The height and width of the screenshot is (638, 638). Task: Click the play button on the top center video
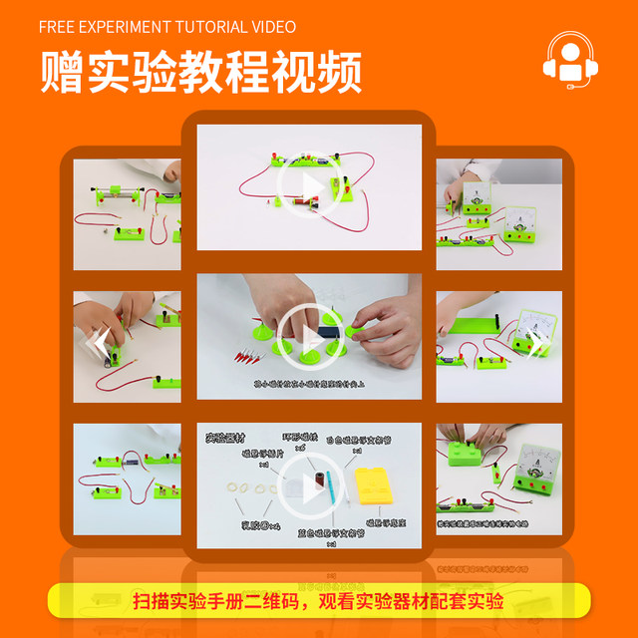(308, 185)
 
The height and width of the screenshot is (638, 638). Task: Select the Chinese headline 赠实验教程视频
(200, 73)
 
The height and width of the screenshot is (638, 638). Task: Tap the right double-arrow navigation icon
(536, 344)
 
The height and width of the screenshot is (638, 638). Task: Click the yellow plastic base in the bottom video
(378, 490)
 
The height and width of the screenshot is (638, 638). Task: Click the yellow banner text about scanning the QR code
(318, 602)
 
